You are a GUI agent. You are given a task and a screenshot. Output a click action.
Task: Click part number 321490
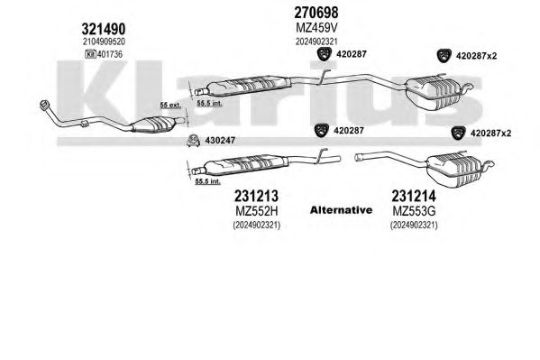click(104, 29)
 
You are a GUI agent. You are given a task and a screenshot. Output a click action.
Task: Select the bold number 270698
click(316, 13)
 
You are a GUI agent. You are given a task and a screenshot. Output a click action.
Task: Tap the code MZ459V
click(316, 28)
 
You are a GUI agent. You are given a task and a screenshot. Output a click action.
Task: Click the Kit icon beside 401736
click(90, 54)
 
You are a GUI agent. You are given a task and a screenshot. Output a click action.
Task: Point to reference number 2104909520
click(104, 42)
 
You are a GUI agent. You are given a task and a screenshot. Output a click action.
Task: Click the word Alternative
click(341, 210)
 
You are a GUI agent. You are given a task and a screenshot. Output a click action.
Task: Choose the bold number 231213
click(256, 196)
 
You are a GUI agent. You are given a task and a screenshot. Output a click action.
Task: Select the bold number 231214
click(414, 196)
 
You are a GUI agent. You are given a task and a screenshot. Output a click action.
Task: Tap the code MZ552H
click(257, 211)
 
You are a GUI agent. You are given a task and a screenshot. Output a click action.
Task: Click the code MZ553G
click(414, 211)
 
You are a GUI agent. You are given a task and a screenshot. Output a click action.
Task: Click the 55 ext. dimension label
click(170, 105)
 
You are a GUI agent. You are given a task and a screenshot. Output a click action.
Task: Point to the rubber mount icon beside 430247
click(193, 141)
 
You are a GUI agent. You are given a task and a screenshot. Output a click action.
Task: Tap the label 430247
click(220, 141)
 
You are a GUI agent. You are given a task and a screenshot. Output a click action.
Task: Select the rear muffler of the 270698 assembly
click(433, 92)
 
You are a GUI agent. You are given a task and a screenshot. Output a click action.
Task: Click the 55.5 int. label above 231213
click(207, 181)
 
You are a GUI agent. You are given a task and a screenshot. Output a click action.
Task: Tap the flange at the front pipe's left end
click(44, 106)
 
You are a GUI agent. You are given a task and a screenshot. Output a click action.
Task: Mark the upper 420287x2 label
click(476, 56)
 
